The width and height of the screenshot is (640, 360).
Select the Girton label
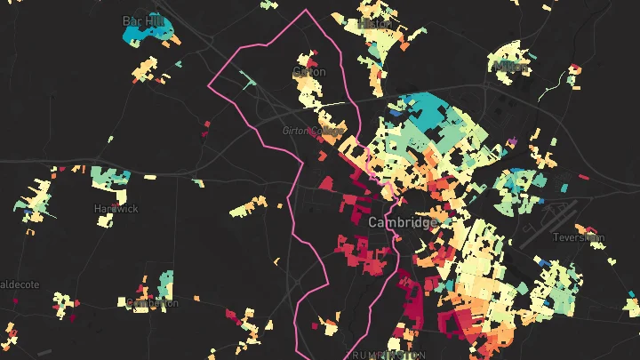pos(309,71)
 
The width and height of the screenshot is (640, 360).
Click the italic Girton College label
pos(308,131)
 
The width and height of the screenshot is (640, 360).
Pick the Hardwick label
pos(116,209)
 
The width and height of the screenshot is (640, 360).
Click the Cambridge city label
pos(402,221)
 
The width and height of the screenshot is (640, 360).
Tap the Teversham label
pos(578,237)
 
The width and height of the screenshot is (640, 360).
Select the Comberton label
pos(152,303)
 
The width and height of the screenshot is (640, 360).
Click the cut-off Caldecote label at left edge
pos(18,284)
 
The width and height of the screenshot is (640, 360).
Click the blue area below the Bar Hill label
pos(142,36)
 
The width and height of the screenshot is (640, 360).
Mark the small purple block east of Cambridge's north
pos(513,140)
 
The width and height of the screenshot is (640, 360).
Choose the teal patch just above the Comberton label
pos(165,284)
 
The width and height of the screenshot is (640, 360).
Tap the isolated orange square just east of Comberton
pos(196,297)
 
